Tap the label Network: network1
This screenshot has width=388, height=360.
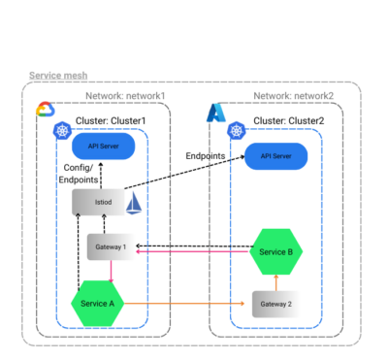125,95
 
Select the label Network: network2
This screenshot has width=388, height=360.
294,95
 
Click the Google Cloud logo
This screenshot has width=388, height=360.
45,110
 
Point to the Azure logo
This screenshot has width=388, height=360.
215,114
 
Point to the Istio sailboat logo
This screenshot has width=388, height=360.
136,203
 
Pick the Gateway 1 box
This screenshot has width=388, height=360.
111,246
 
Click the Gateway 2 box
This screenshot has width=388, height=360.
275,304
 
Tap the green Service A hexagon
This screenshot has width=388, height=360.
98,304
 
